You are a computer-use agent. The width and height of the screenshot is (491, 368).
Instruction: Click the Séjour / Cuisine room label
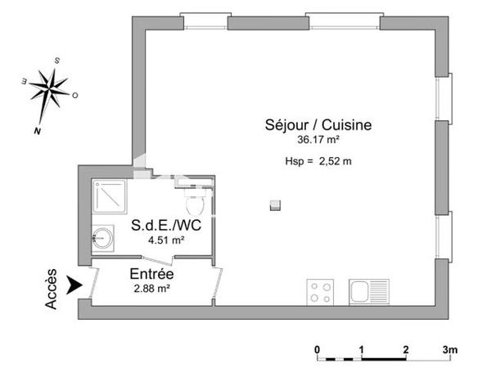pos(318,125)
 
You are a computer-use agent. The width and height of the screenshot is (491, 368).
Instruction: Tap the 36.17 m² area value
pos(318,140)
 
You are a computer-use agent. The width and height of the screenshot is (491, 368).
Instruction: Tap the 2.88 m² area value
pos(152,289)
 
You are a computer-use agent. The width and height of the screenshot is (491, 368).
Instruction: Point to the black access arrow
pos(75,285)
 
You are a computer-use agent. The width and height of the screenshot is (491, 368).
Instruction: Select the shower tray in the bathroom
pos(108,195)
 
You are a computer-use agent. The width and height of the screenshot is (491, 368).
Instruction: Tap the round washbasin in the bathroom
pos(101,239)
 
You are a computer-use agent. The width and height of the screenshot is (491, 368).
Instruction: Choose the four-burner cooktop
pos(319,290)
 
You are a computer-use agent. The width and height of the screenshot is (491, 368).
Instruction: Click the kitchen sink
pos(367,290)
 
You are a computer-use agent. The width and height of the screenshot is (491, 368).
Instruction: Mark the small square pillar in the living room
pos(276,204)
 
